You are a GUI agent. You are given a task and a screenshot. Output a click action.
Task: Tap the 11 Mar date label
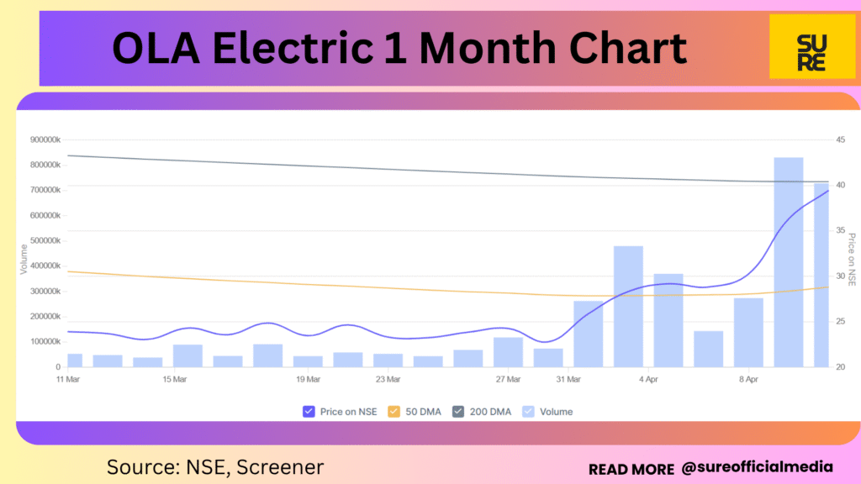(68, 379)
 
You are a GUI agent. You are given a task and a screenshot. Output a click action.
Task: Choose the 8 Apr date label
(748, 379)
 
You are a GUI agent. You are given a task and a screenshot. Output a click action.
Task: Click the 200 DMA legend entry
(482, 412)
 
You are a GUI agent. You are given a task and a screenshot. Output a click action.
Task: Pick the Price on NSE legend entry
(340, 412)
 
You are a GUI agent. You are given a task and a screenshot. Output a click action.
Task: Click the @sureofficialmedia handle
(758, 466)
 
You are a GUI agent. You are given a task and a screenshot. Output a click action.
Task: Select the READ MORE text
(631, 468)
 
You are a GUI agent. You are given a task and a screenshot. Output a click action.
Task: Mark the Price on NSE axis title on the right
(851, 259)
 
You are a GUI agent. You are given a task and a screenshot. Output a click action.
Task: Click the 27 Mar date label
(508, 379)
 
